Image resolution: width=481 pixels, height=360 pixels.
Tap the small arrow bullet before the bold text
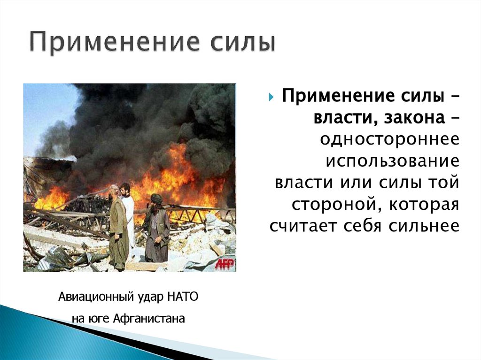[x=272, y=99]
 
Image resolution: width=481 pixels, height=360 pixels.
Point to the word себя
[x=367, y=226]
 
